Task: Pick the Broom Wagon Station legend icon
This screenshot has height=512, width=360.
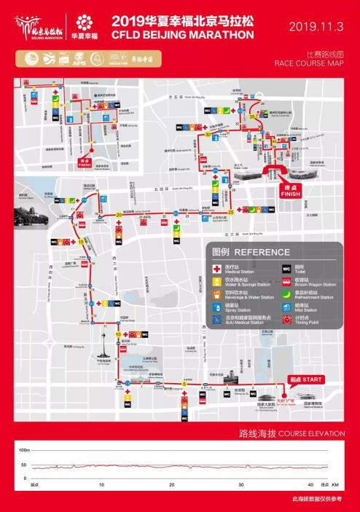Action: click(x=286, y=281)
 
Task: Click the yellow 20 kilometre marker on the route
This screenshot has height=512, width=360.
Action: click(x=119, y=214)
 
